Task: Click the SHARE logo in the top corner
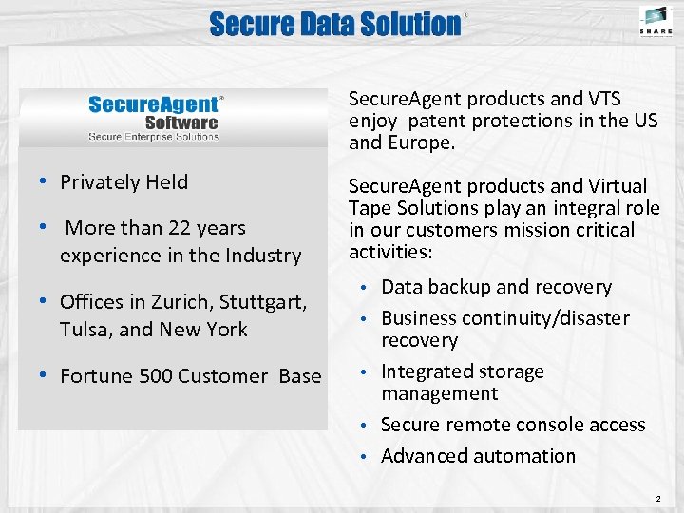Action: (655, 20)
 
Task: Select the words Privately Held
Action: (123, 181)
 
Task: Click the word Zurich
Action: (180, 302)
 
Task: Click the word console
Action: (552, 425)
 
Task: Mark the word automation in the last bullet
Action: (527, 456)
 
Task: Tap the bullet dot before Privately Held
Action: (45, 182)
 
